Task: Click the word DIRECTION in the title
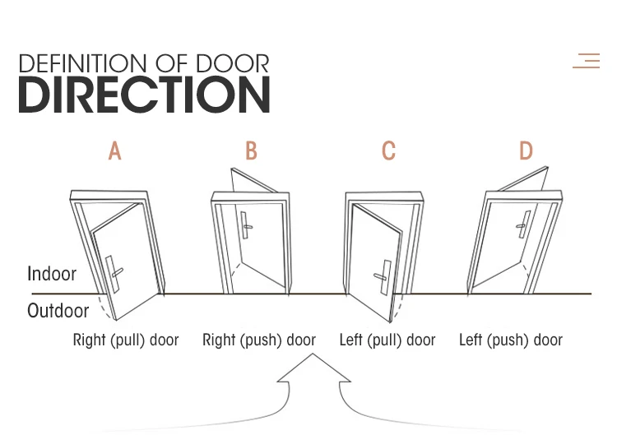click(x=144, y=95)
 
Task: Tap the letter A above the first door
click(x=115, y=151)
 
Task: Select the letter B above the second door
click(x=251, y=151)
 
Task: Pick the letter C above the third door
click(x=388, y=151)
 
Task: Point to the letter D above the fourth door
click(x=526, y=151)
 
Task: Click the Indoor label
click(x=52, y=274)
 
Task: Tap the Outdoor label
click(x=58, y=311)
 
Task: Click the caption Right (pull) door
click(x=126, y=340)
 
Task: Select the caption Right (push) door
click(x=259, y=340)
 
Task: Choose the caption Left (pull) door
click(x=387, y=340)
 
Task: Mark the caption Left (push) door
click(x=511, y=340)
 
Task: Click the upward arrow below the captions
click(x=313, y=373)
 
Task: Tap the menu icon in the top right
click(x=587, y=60)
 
